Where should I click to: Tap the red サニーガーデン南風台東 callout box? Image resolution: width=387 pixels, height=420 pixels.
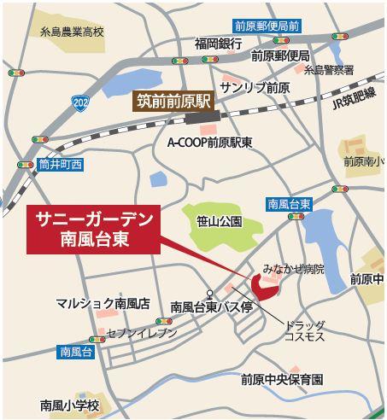[94, 230]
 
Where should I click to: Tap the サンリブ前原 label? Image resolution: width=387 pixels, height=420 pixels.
[255, 89]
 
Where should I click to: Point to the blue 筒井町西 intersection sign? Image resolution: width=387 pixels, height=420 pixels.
[59, 162]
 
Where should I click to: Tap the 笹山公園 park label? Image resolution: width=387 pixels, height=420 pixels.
[220, 221]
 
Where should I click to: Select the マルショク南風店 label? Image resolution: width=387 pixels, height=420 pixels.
[103, 303]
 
